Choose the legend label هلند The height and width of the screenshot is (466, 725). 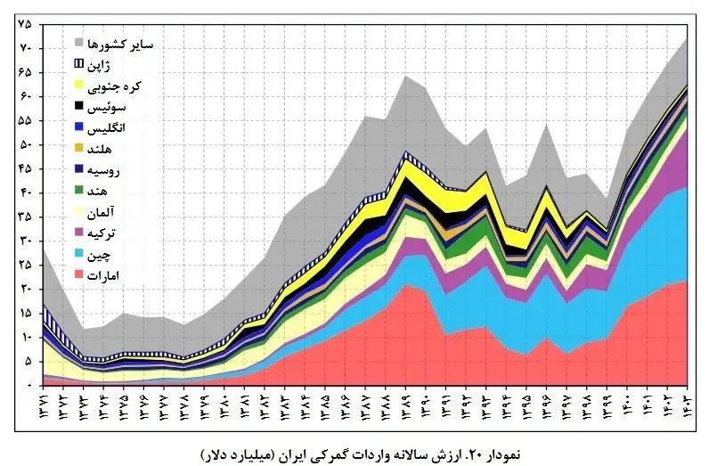click(x=106, y=149)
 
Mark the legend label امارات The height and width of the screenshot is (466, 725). click(x=107, y=276)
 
